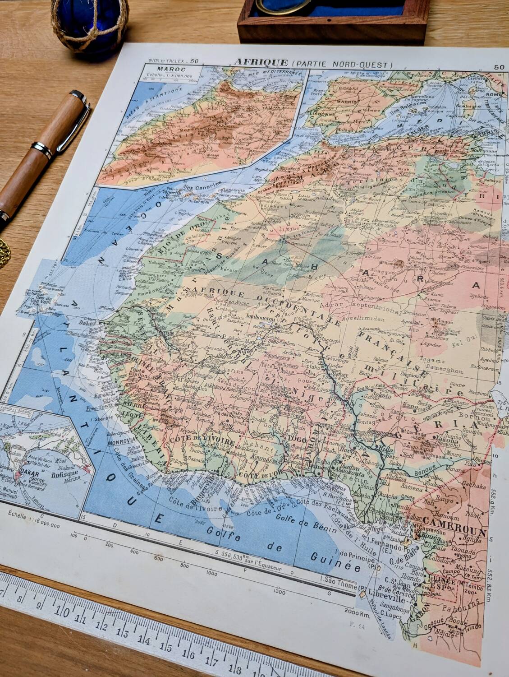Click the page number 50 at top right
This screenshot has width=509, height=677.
499,68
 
